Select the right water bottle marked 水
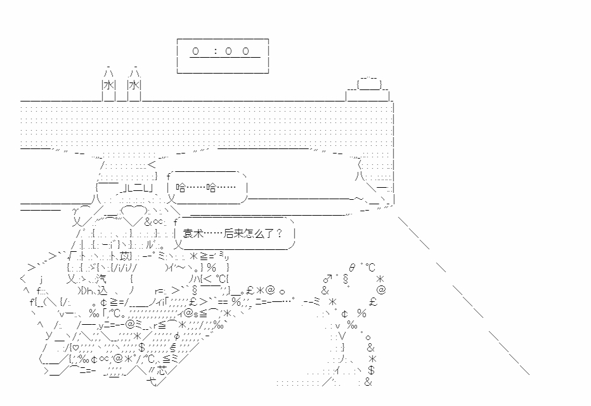click(134, 85)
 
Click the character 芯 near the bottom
click(165, 372)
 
